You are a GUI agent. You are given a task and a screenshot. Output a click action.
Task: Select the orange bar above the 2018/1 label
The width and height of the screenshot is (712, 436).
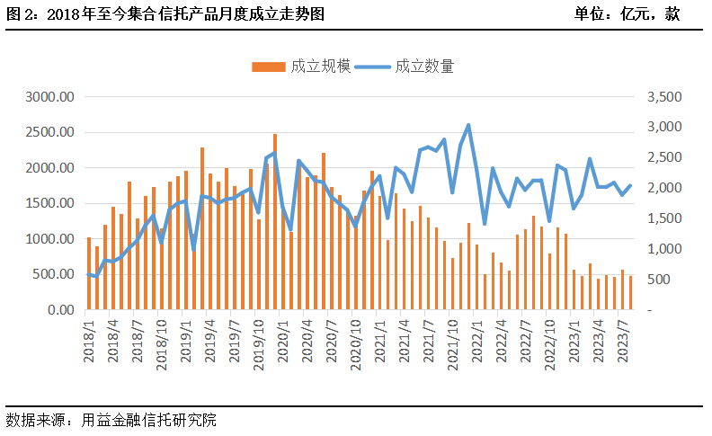pyautogui.click(x=89, y=274)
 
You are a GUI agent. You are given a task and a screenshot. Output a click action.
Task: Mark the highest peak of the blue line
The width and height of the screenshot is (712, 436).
pyautogui.click(x=468, y=125)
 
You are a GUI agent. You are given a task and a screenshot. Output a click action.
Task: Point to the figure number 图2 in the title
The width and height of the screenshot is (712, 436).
pyautogui.click(x=18, y=14)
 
